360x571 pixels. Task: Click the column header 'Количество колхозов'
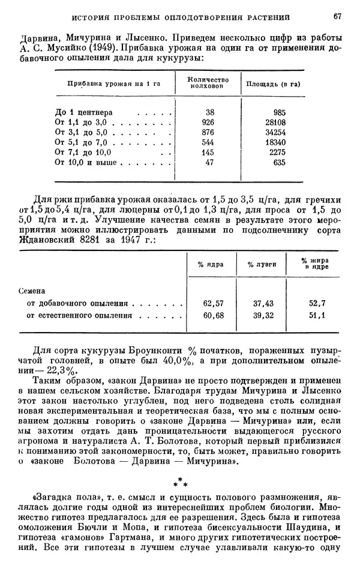pos(205,83)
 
